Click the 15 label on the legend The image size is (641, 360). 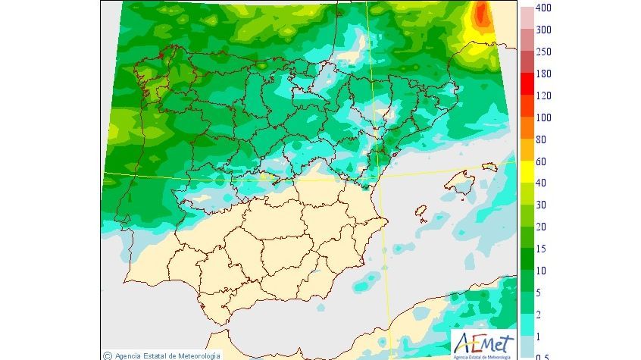(x=540, y=249)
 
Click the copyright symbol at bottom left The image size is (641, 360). (x=108, y=355)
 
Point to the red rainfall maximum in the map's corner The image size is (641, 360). (x=480, y=15)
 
